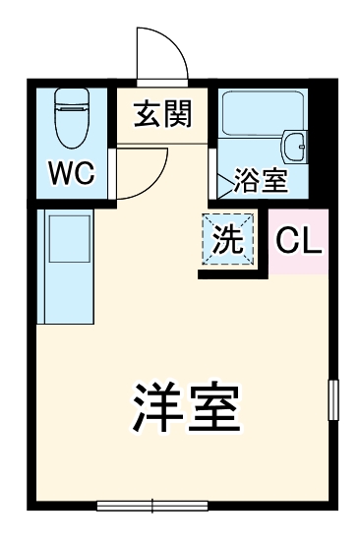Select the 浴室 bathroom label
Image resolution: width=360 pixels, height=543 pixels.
tap(260, 182)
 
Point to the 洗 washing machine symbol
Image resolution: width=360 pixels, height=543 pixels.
tap(229, 241)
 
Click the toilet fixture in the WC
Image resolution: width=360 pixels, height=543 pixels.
tap(72, 123)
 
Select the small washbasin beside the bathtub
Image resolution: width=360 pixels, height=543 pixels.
tap(296, 146)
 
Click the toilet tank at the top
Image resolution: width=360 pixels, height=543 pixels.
tap(72, 97)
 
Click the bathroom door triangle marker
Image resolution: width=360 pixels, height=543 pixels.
tap(219, 181)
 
